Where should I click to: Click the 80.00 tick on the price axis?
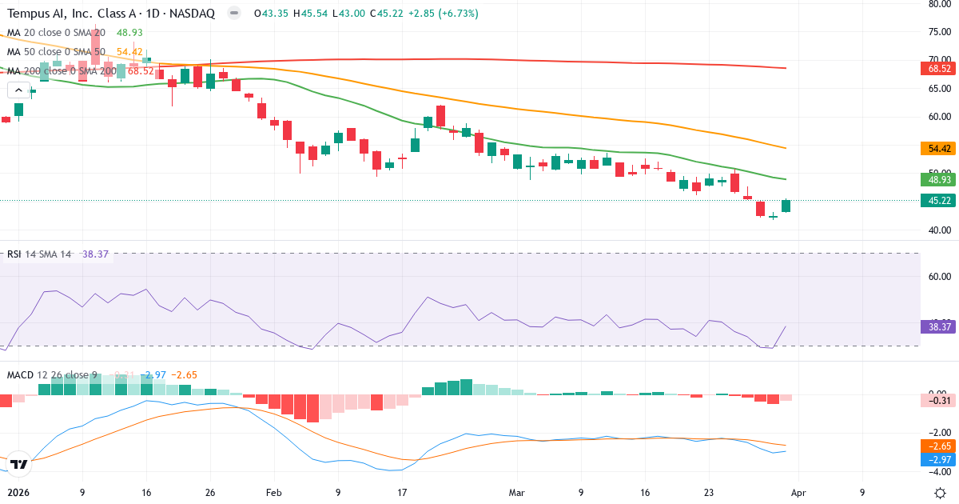pos(938,4)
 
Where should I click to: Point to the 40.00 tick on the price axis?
pos(938,230)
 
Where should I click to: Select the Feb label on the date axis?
pos(274,493)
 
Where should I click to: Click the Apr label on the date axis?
pos(799,493)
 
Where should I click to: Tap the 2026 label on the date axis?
pos(18,493)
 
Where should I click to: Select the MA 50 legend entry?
pos(56,52)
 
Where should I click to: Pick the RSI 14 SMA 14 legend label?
pos(38,254)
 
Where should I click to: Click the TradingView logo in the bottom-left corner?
pos(19,464)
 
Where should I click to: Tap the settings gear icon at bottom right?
pos(941,493)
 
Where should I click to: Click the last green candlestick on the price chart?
pos(786,206)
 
